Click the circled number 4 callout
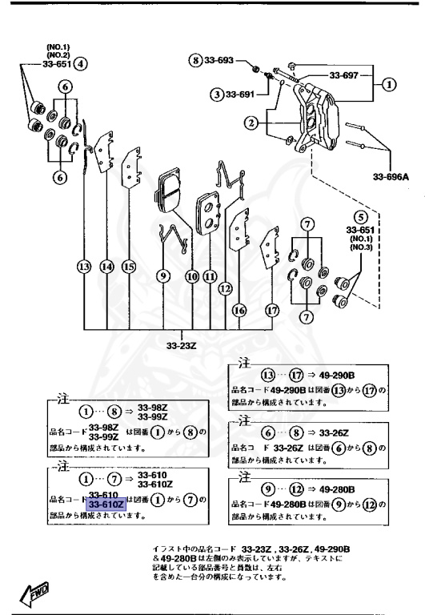pos(81,64)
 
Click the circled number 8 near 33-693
pos(194,61)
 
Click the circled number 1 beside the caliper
pos(388,82)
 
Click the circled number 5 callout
pos(361,215)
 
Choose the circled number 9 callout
pos(163,276)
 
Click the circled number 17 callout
pos(272,310)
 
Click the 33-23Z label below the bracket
pos(181,347)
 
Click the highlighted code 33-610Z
pos(106,505)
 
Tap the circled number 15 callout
pos(128,267)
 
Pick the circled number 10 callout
pos(192,276)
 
